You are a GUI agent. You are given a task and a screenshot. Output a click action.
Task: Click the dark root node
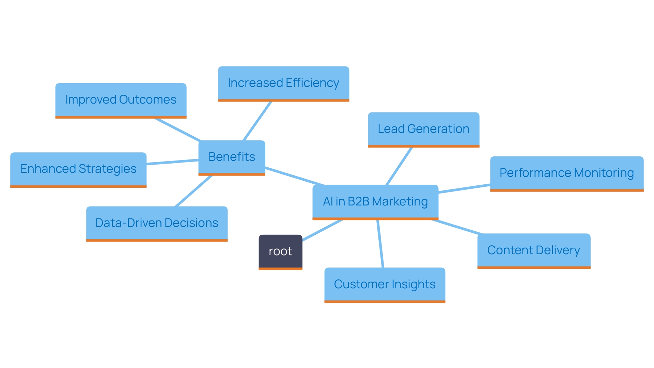click(280, 251)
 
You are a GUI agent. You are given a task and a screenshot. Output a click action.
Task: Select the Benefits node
click(232, 157)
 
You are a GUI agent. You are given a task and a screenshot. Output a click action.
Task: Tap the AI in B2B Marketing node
click(375, 201)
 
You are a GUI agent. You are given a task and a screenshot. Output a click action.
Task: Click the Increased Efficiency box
click(283, 83)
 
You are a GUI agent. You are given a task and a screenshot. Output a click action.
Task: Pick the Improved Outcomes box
click(121, 100)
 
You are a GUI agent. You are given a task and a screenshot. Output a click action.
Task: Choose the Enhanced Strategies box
click(78, 169)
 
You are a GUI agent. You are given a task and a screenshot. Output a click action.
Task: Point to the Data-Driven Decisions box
click(157, 223)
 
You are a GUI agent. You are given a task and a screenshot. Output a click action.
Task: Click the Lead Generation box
click(423, 129)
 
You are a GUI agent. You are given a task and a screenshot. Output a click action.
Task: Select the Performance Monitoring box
click(566, 173)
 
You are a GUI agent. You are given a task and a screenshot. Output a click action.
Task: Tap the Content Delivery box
click(533, 250)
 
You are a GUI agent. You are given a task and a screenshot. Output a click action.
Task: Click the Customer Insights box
click(385, 285)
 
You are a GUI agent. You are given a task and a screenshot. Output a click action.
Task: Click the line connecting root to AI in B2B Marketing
click(322, 230)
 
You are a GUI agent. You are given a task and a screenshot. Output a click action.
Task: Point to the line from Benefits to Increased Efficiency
click(257, 121)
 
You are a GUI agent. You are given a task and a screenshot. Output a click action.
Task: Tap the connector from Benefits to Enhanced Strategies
click(172, 162)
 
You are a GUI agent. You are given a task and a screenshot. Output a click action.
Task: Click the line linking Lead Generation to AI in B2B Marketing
click(399, 166)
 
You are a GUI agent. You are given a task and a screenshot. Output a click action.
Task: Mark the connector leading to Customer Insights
click(380, 244)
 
